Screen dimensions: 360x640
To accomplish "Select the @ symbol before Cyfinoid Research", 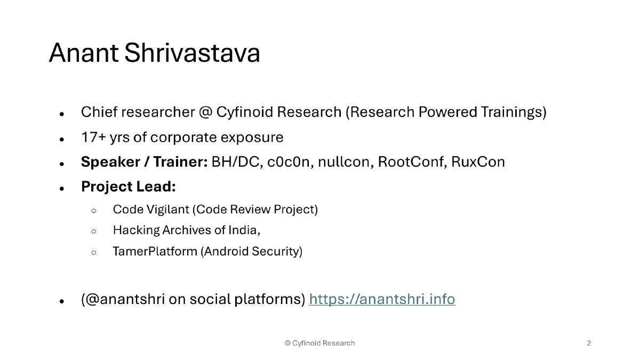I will tap(205, 113).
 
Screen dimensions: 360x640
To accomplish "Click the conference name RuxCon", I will tap(478, 162).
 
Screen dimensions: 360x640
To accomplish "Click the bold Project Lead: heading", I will tap(128, 187).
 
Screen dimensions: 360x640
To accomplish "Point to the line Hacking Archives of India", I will tap(186, 230).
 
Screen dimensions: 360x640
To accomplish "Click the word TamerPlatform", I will tap(155, 251).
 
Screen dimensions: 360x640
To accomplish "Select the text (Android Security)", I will tap(251, 251).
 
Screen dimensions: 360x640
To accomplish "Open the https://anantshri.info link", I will tap(382, 299).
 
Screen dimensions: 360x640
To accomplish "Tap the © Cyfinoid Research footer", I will tap(319, 343).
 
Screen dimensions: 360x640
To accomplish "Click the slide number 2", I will tap(589, 343).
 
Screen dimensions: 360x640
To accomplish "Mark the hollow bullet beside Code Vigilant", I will tap(94, 211).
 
